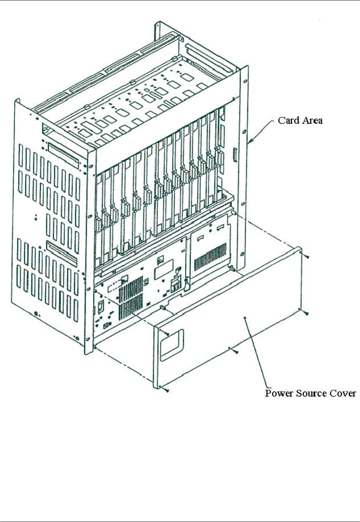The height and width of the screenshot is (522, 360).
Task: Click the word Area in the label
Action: [312, 120]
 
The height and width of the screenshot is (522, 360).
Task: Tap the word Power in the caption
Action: [278, 393]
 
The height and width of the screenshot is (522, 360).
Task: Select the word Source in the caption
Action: [309, 393]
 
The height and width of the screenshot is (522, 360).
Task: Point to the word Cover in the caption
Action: [343, 393]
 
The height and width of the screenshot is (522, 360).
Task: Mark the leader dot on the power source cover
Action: [245, 318]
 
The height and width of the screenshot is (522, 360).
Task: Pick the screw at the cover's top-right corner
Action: [307, 257]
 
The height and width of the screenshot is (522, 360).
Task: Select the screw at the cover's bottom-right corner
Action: [307, 313]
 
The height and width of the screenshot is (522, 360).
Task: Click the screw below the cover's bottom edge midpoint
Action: [236, 352]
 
